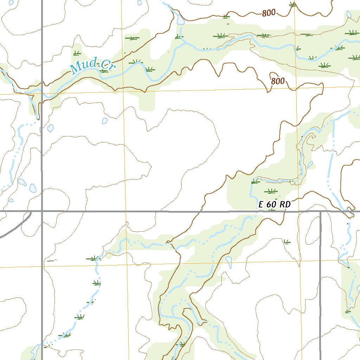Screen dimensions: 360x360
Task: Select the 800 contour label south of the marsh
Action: point(278,81)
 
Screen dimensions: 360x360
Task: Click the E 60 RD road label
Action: point(275,204)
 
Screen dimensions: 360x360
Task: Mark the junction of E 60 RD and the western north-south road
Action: point(42,211)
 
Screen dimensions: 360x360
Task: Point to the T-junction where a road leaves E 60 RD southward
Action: point(321,212)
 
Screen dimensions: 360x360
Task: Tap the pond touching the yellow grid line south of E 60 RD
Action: point(229,261)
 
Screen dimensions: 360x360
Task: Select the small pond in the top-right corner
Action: point(349,14)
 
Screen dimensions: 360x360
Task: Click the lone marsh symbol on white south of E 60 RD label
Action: point(287,242)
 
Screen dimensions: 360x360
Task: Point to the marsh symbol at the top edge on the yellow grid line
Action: point(294,4)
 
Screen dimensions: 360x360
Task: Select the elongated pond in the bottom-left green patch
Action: point(35,352)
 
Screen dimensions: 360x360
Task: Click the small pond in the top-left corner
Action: point(11,2)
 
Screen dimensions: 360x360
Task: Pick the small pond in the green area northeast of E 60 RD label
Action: point(310,165)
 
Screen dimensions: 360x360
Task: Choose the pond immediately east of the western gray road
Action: point(50,128)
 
